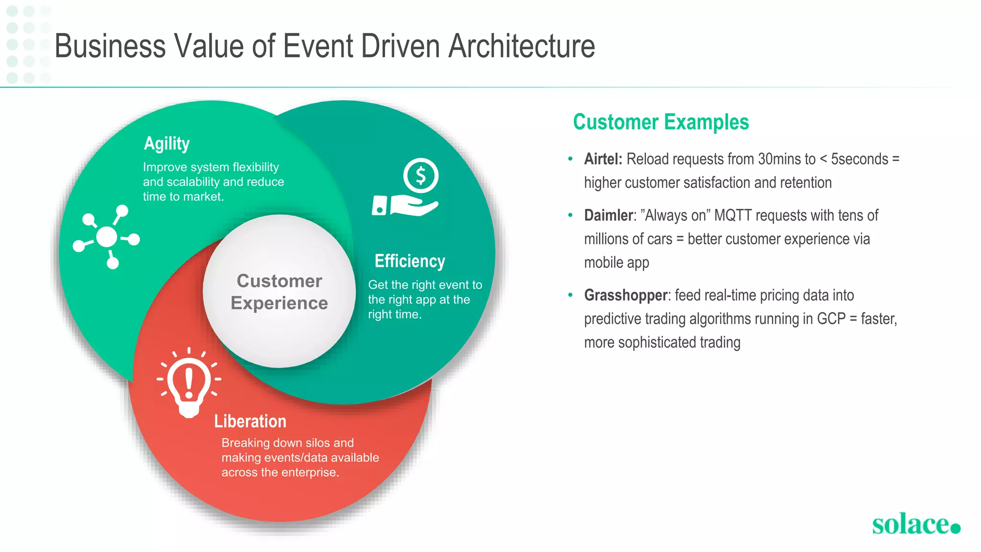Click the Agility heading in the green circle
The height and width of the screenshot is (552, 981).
[167, 144]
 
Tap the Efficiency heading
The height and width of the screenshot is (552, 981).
[410, 262]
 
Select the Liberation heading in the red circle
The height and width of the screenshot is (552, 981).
[250, 421]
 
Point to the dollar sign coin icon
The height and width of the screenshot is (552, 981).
[421, 176]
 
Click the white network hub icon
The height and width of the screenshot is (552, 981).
[107, 237]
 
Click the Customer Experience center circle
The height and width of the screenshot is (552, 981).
[279, 291]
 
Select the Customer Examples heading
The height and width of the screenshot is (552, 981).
[661, 122]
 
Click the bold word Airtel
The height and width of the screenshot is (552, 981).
[603, 159]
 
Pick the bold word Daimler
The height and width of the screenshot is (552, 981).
[608, 216]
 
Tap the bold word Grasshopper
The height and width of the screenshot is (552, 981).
[626, 295]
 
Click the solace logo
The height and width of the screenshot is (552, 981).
[915, 524]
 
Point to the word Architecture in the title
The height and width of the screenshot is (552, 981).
[522, 46]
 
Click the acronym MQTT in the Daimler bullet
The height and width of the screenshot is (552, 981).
[733, 216]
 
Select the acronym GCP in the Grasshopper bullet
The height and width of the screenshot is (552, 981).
[831, 319]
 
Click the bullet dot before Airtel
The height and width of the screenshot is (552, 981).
[570, 159]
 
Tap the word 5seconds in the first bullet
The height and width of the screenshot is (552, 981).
[859, 159]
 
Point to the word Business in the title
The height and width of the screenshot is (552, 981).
[110, 46]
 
